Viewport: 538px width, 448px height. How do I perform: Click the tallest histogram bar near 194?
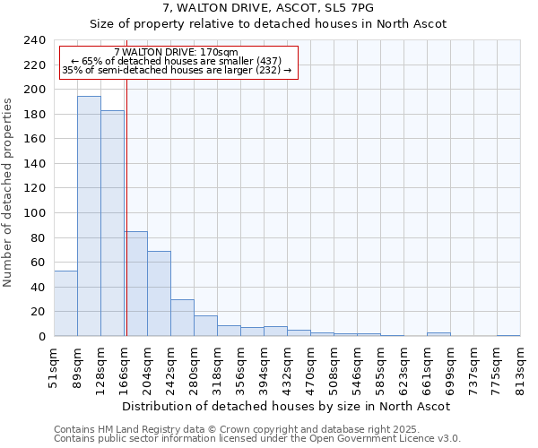(89, 216)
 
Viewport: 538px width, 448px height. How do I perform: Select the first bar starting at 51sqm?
(65, 303)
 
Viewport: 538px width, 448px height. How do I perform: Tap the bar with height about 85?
(135, 283)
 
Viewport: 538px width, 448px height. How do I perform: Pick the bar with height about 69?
(159, 293)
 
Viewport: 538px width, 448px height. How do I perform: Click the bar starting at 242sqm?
(182, 317)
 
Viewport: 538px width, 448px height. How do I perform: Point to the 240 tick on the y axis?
(35, 40)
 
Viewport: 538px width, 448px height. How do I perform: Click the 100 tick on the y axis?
(35, 213)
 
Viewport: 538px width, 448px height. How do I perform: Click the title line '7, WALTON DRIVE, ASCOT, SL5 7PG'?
(268, 8)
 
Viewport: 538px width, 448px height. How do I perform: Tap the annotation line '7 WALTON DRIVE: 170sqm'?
(177, 52)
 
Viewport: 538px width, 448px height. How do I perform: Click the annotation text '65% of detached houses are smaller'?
(177, 61)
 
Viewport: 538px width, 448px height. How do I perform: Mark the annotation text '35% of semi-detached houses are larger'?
(177, 70)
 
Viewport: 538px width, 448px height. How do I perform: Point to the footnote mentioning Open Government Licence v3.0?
(257, 439)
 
